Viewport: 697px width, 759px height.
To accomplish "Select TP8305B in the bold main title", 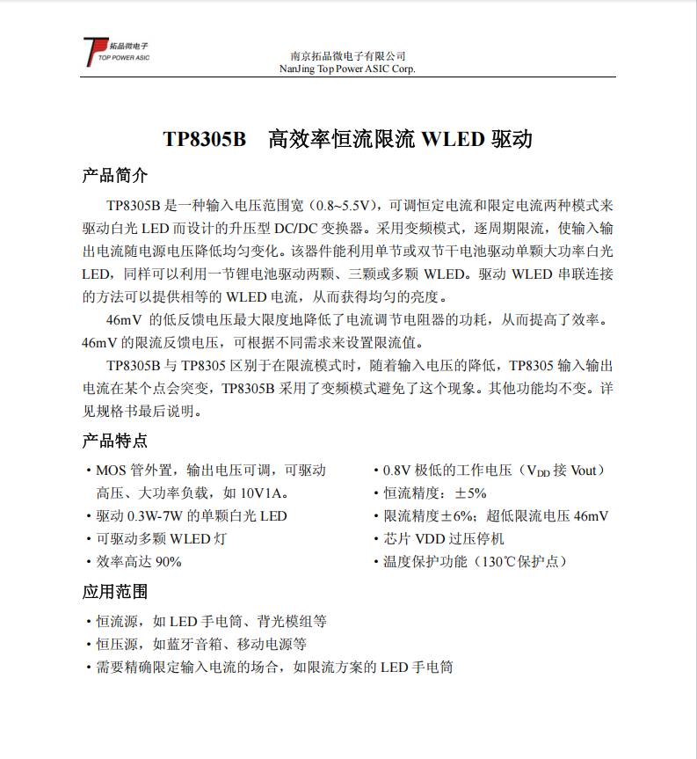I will (205, 140).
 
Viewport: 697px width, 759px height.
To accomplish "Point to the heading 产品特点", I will (114, 441).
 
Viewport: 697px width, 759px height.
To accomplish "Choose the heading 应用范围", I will (114, 592).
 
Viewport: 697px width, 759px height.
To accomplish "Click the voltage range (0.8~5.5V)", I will (345, 205).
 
